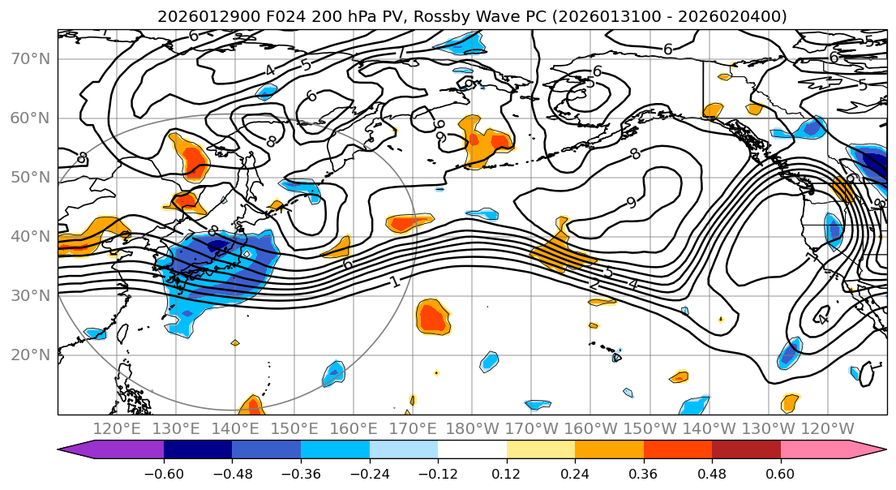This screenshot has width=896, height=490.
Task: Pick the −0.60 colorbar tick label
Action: click(164, 472)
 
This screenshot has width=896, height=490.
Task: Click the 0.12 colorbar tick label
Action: click(506, 472)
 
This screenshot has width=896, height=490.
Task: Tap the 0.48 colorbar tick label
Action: click(712, 472)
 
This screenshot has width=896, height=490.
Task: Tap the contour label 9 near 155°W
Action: click(631, 203)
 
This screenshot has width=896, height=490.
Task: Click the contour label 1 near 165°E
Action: click(394, 282)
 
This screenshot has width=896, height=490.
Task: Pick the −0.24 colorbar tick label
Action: click(369, 472)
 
